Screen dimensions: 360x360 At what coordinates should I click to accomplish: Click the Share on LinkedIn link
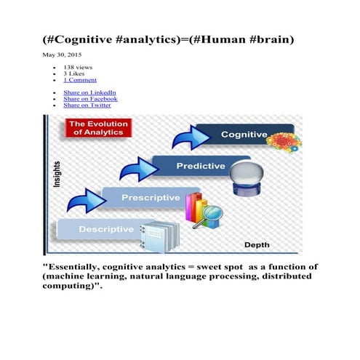point(89,93)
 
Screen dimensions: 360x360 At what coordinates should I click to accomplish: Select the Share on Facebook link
point(90,99)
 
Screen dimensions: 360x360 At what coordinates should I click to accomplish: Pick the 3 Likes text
point(74,73)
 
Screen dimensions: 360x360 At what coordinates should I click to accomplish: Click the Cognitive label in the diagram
point(244,135)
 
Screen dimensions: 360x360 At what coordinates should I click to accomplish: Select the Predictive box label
point(201,167)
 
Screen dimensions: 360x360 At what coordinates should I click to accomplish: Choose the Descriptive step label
point(106,229)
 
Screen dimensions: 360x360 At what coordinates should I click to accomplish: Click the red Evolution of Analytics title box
point(97,129)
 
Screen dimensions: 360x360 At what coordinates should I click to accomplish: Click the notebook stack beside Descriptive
point(160,233)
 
